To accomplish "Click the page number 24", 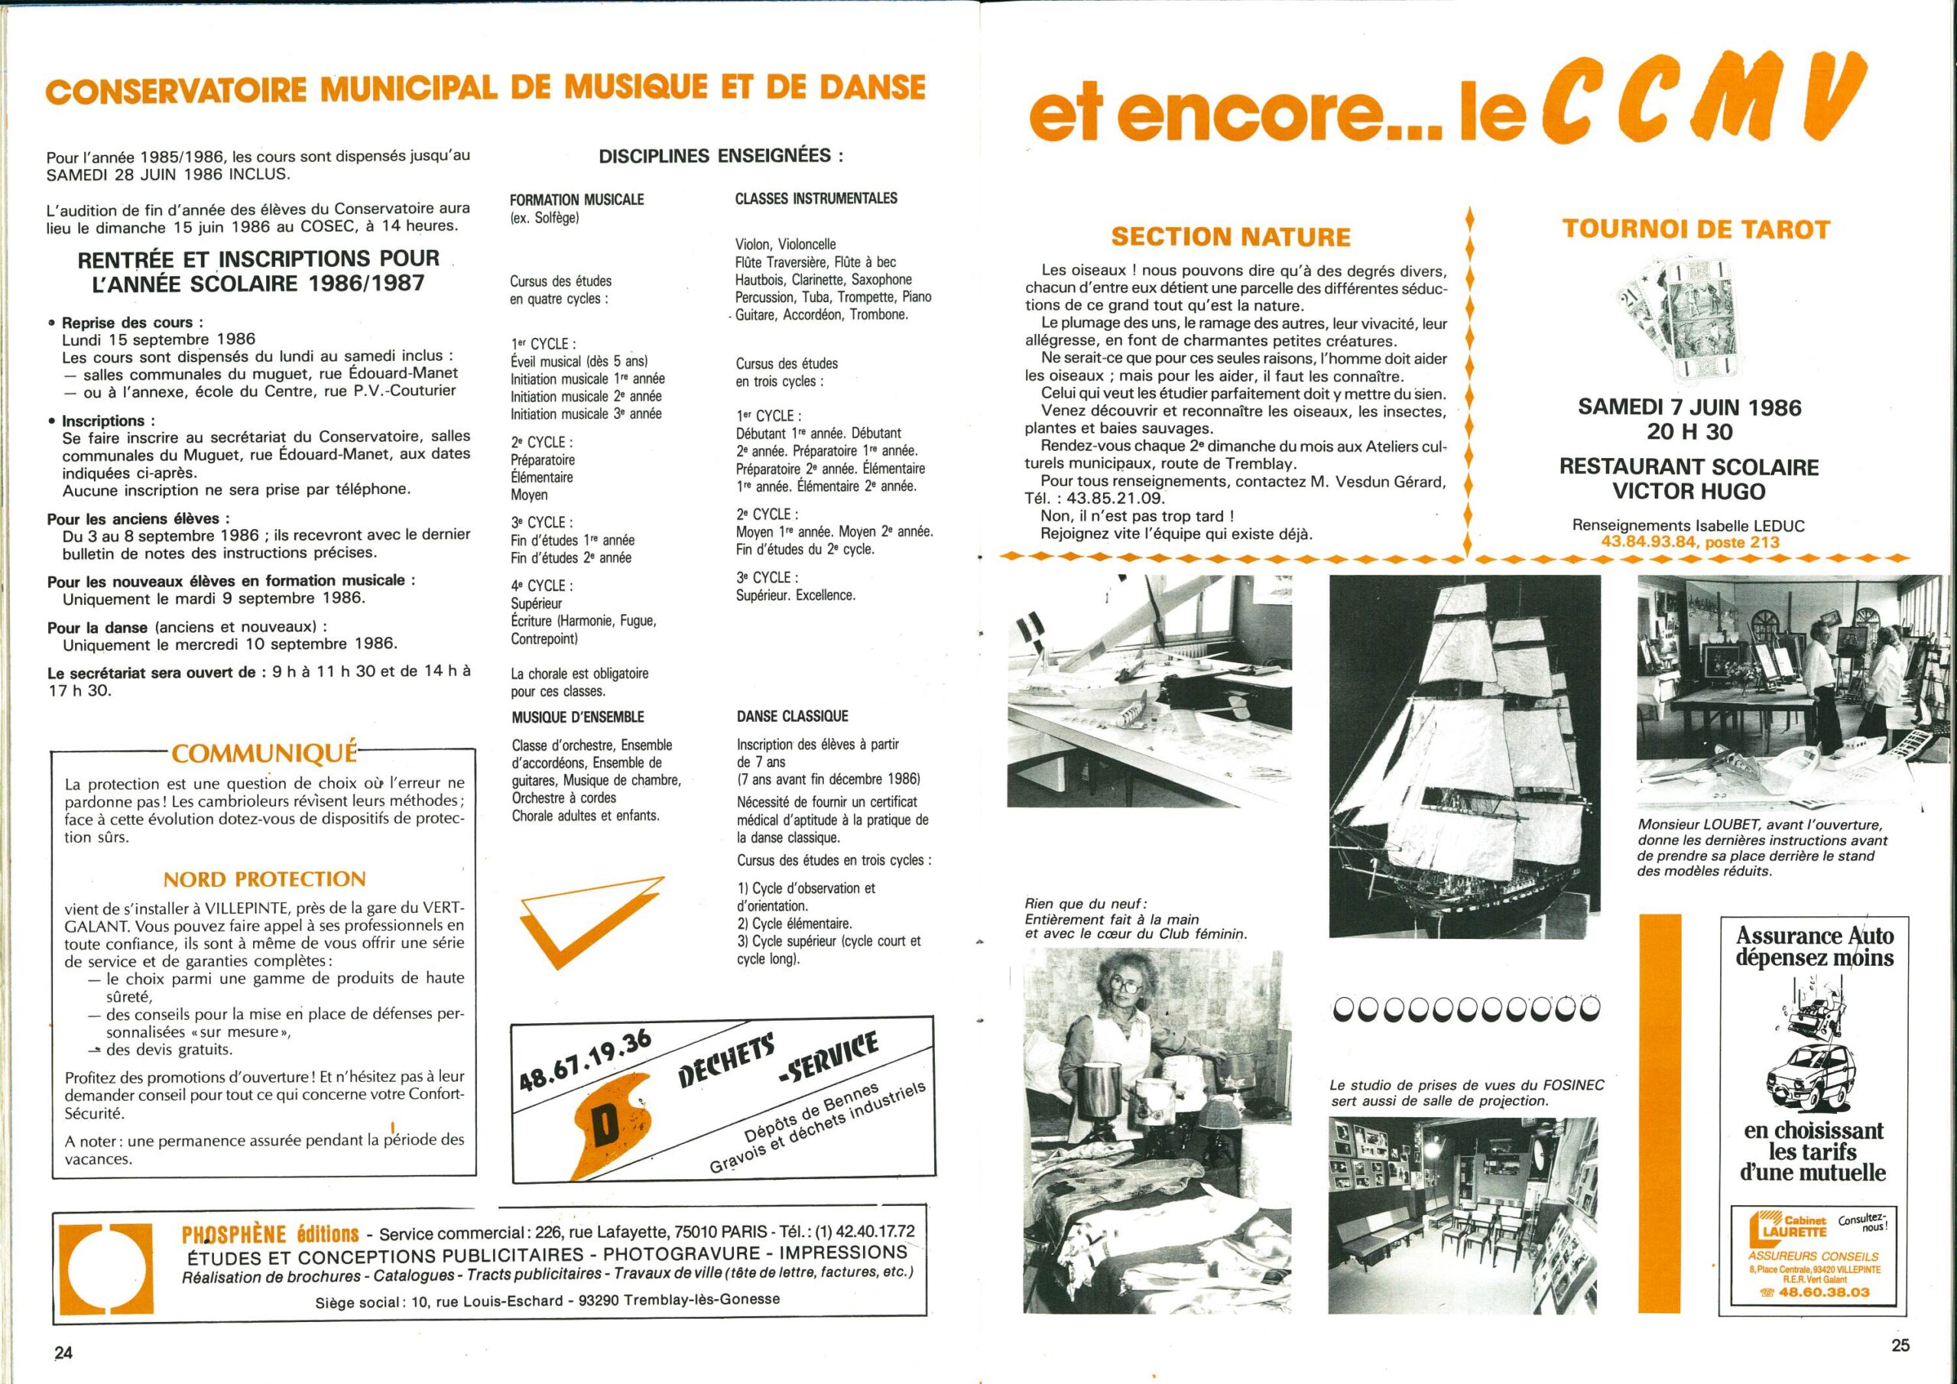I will click(64, 1353).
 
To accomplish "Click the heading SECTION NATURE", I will click(1231, 237).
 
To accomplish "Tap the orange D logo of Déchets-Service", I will click(609, 1123).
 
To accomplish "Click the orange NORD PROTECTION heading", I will click(265, 879).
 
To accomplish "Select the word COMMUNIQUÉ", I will click(264, 753).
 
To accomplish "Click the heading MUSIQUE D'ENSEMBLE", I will click(578, 717).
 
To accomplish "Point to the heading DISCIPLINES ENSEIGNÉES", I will click(721, 156).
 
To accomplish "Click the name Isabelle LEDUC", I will click(1743, 525).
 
